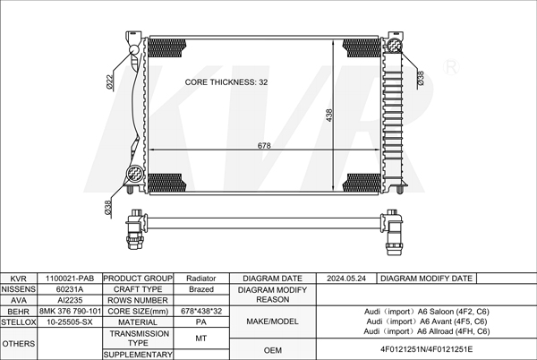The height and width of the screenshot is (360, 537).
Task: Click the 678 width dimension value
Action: (264, 146)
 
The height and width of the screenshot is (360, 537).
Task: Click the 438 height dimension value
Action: (329, 116)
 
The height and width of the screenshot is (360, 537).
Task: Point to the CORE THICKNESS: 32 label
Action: (226, 82)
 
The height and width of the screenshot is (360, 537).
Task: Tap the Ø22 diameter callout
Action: (109, 82)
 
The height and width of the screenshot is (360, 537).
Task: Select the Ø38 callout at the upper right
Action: (421, 78)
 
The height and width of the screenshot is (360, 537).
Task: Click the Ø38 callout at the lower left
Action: (108, 208)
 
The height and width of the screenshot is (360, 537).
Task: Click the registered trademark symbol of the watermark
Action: (451, 67)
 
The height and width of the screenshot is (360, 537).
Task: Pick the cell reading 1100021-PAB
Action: (70, 279)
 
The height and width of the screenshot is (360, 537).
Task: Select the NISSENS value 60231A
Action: (70, 289)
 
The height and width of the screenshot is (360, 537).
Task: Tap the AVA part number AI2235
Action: (70, 300)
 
